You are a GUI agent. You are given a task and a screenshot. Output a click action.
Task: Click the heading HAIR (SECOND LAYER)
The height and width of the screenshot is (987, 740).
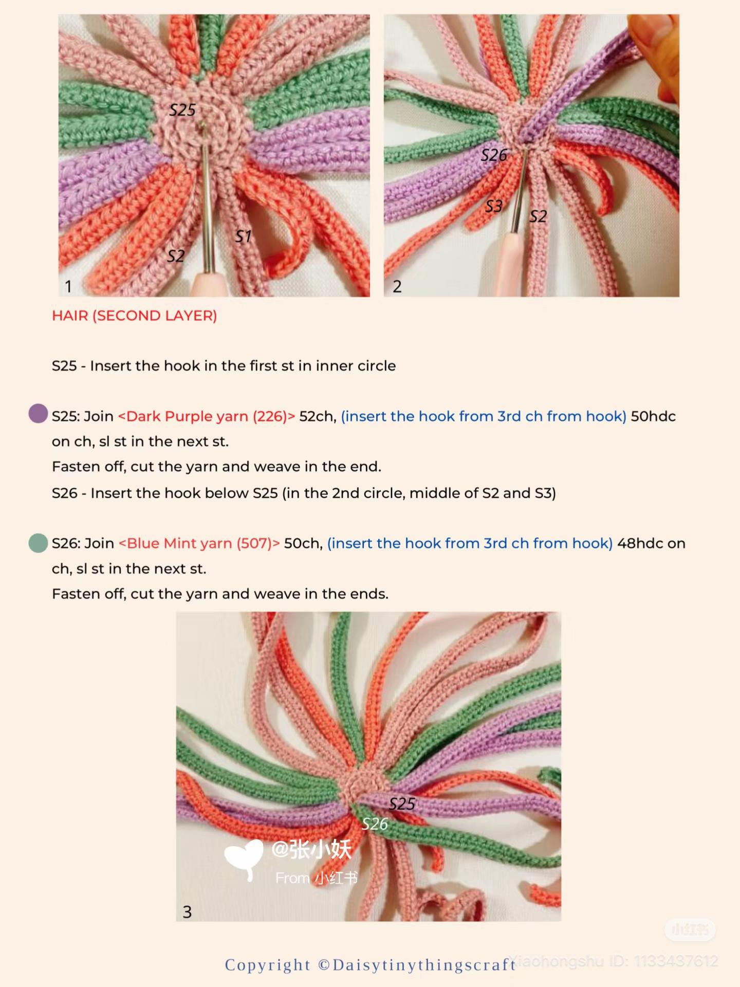[135, 316]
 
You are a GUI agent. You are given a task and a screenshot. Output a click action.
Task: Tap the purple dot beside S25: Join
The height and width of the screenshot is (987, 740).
[38, 413]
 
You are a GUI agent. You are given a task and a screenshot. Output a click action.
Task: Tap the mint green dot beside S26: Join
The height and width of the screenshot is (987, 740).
[38, 543]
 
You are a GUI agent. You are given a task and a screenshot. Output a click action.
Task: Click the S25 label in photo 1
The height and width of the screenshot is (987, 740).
[182, 110]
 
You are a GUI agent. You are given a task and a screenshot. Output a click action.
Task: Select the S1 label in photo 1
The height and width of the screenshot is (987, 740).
[243, 236]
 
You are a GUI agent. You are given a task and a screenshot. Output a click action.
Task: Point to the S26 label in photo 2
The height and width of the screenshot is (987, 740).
[494, 155]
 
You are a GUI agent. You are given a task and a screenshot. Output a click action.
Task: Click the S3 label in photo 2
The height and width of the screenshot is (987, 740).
[494, 206]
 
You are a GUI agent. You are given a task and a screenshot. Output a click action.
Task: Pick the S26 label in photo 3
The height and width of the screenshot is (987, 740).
[375, 825]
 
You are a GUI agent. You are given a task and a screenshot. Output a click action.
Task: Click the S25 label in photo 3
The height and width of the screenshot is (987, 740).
[402, 804]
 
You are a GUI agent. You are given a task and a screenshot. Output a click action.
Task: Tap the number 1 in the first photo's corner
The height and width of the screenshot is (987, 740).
[68, 286]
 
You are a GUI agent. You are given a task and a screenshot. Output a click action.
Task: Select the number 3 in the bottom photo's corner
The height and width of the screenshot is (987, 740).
[187, 912]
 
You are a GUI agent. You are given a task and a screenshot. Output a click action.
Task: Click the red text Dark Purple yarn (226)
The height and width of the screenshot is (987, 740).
[207, 416]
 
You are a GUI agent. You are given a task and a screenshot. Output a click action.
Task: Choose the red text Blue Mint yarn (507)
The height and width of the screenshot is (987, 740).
[199, 543]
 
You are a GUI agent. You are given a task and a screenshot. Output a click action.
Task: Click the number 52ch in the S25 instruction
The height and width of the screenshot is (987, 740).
[318, 416]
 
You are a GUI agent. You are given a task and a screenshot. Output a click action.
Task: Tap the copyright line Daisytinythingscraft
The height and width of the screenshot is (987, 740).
[370, 965]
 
